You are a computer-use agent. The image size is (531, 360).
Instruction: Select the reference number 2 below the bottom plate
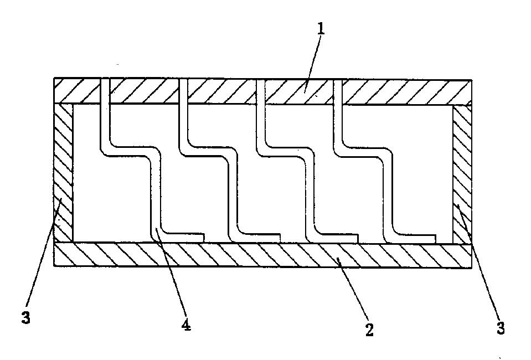[369, 330]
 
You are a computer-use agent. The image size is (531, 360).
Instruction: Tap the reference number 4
[187, 325]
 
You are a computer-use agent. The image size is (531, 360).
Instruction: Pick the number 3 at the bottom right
[500, 328]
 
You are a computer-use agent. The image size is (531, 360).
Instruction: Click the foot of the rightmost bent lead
[415, 238]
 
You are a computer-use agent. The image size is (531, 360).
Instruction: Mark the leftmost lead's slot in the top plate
[105, 91]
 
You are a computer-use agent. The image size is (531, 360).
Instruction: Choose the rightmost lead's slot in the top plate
[338, 91]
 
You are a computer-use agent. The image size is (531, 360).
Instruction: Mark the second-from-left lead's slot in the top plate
[184, 91]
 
